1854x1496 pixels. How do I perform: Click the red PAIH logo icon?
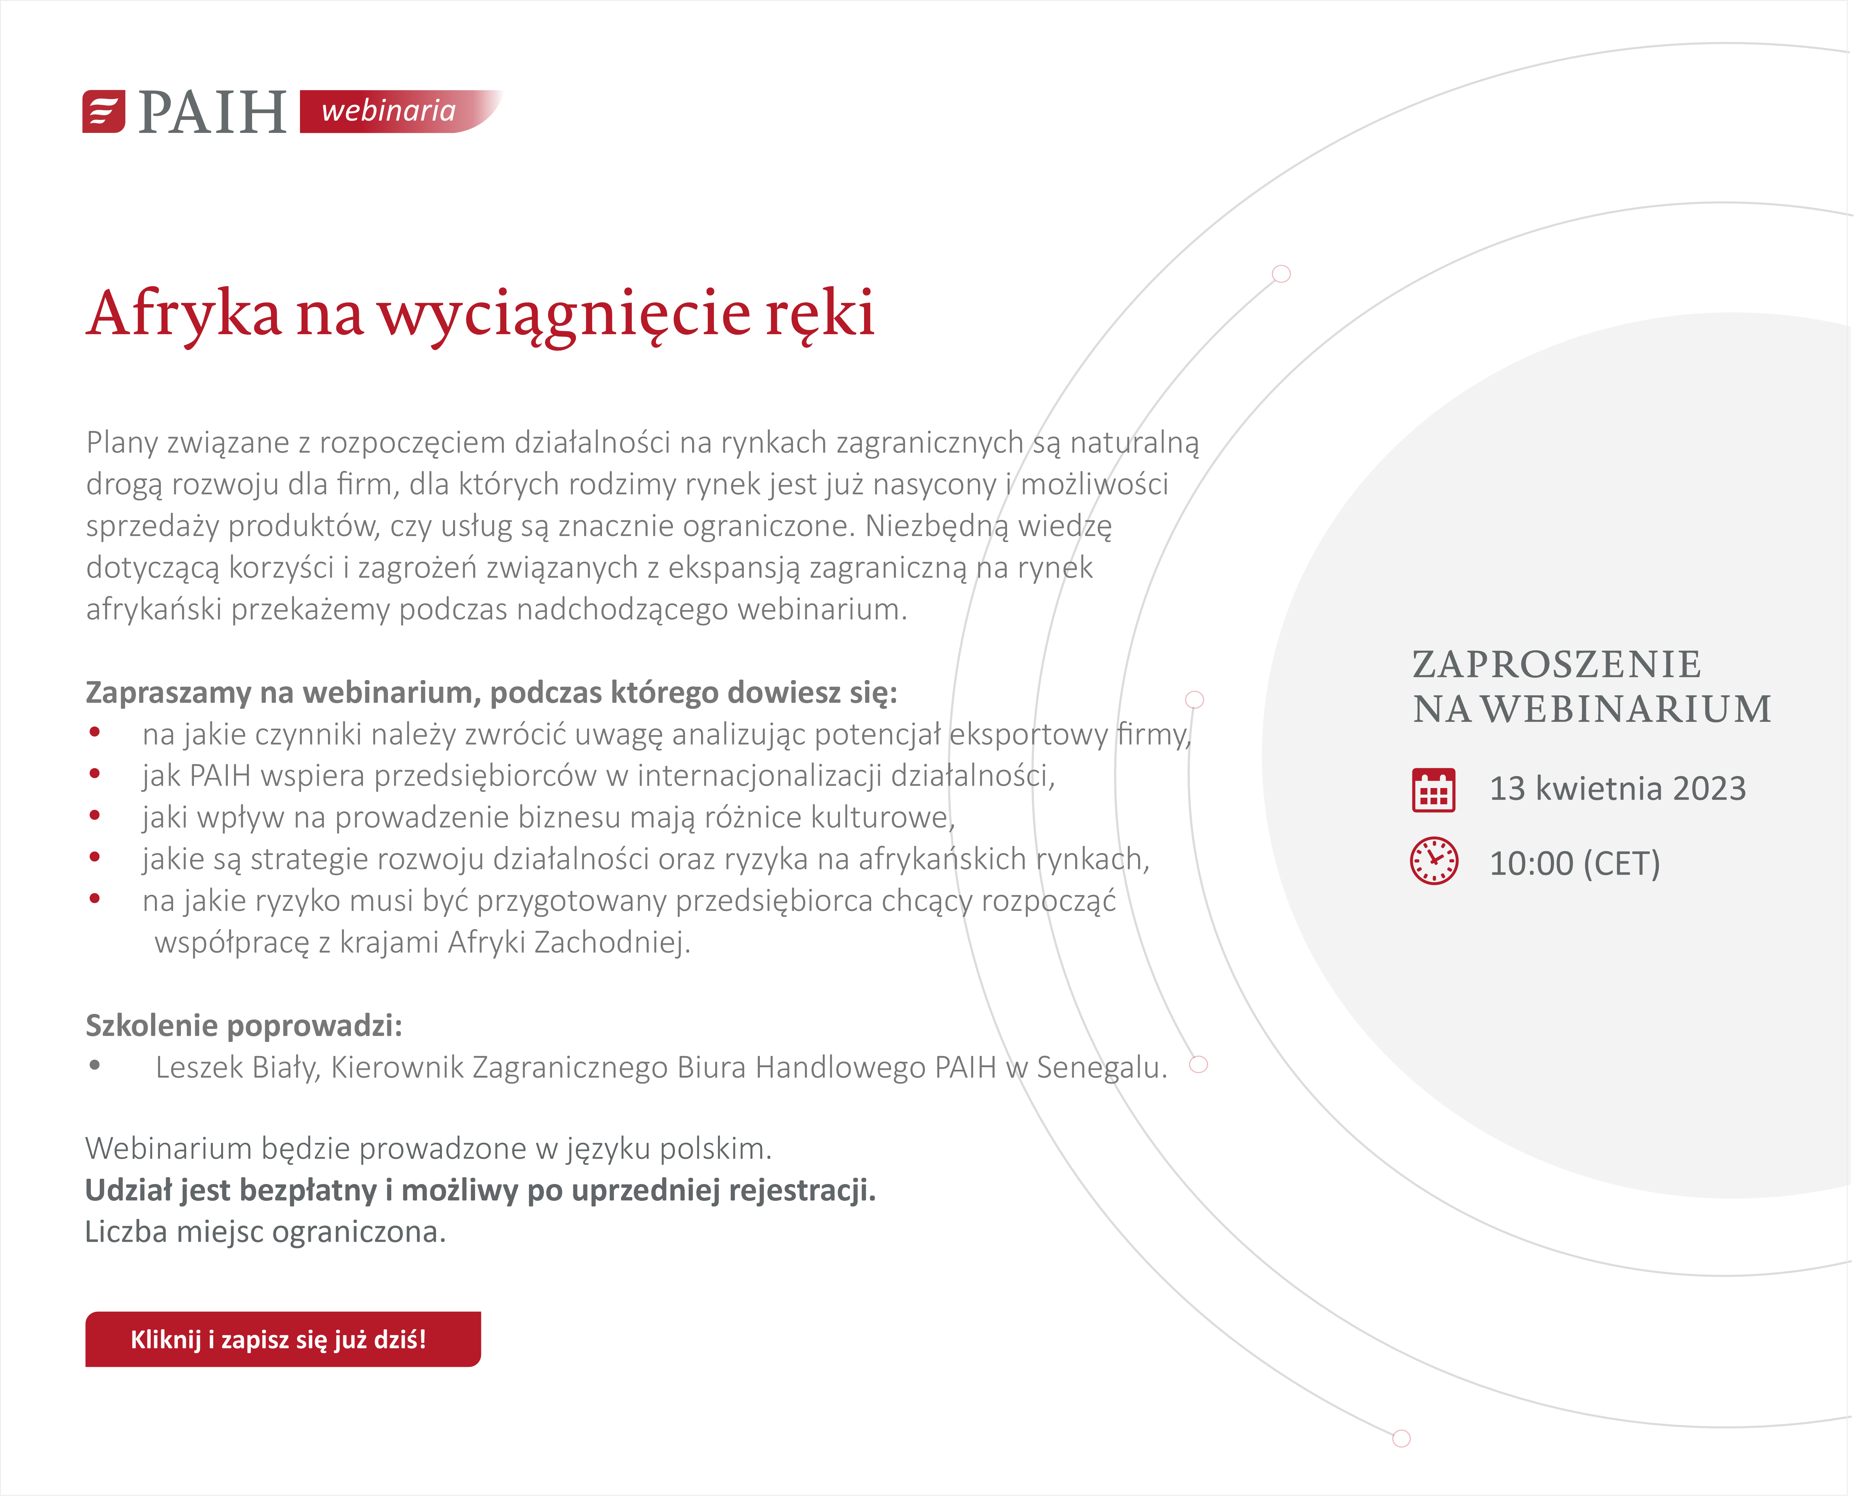[103, 111]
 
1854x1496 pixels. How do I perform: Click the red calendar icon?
[1433, 790]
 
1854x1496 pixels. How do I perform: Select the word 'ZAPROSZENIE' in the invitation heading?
[1557, 664]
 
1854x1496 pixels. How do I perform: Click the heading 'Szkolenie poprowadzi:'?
[244, 1025]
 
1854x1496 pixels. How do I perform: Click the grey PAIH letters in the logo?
[212, 112]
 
